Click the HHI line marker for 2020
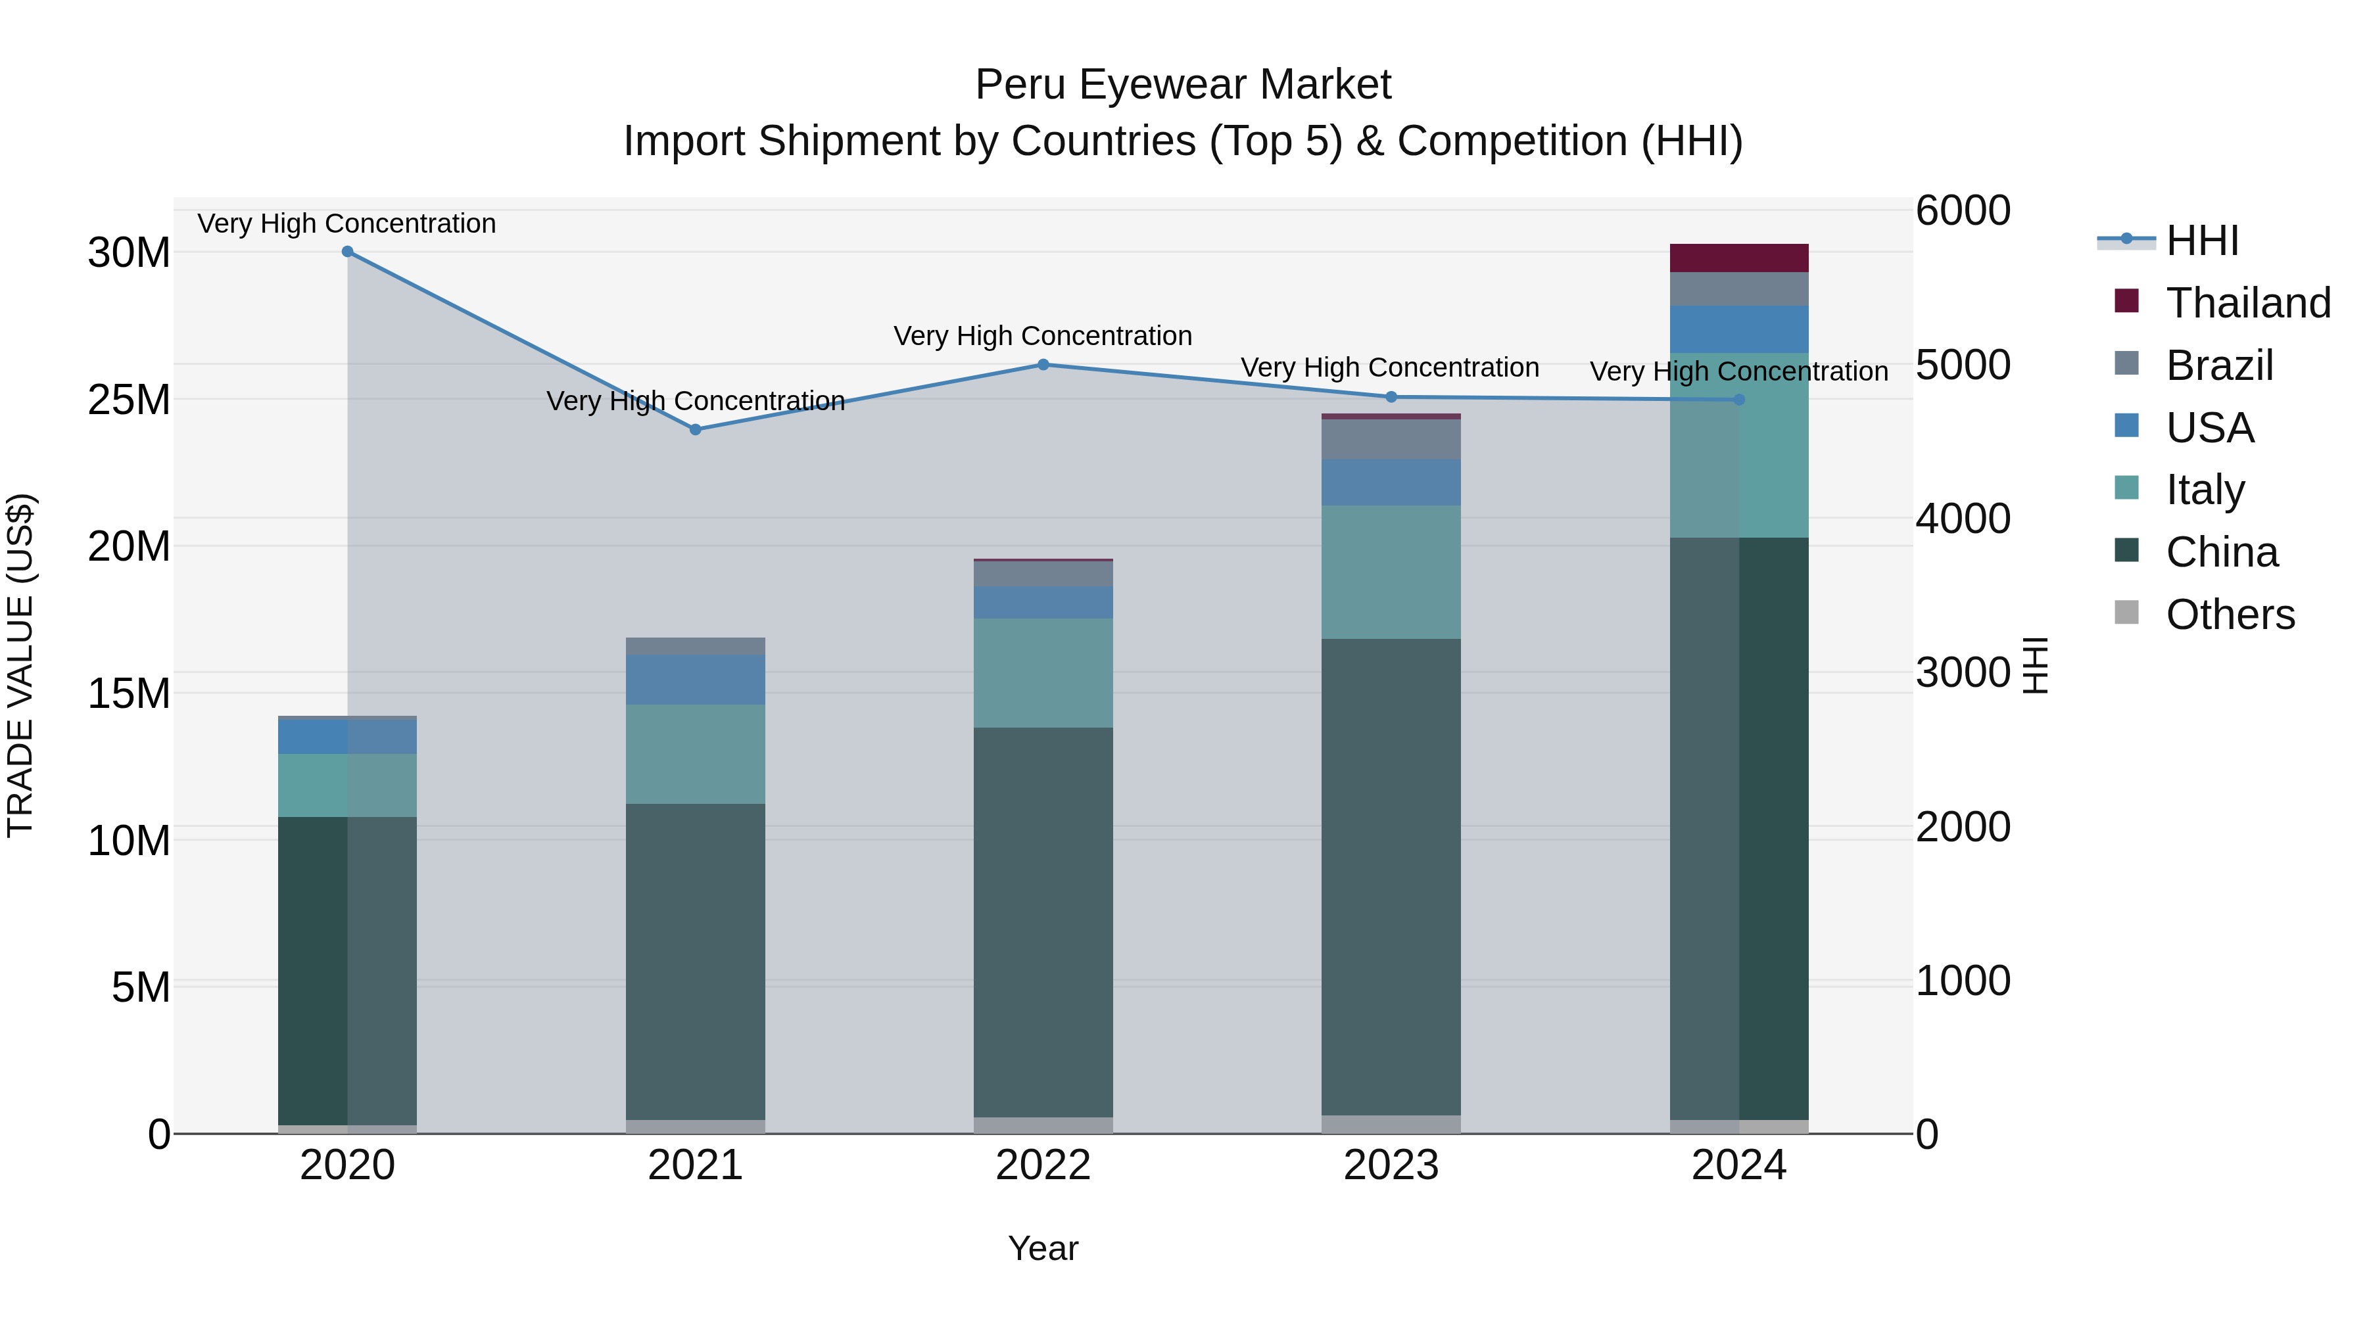[x=347, y=252]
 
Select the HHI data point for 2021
[x=696, y=430]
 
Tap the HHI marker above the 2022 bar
[x=1043, y=365]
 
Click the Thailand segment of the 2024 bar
[x=1738, y=258]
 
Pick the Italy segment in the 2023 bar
[x=1390, y=572]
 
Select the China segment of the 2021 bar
[x=696, y=962]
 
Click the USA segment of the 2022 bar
[x=1043, y=603]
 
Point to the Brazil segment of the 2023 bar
[x=1390, y=440]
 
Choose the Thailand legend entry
[x=2247, y=303]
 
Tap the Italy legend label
[x=2205, y=490]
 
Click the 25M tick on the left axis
[x=130, y=400]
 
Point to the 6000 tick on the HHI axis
[x=1963, y=210]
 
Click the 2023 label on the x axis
[x=1390, y=1165]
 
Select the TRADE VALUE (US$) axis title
[x=21, y=665]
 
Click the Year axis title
[x=1043, y=1248]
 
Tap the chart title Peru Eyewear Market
[x=1183, y=85]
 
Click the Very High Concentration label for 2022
[x=1043, y=336]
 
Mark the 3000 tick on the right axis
[x=1963, y=672]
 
